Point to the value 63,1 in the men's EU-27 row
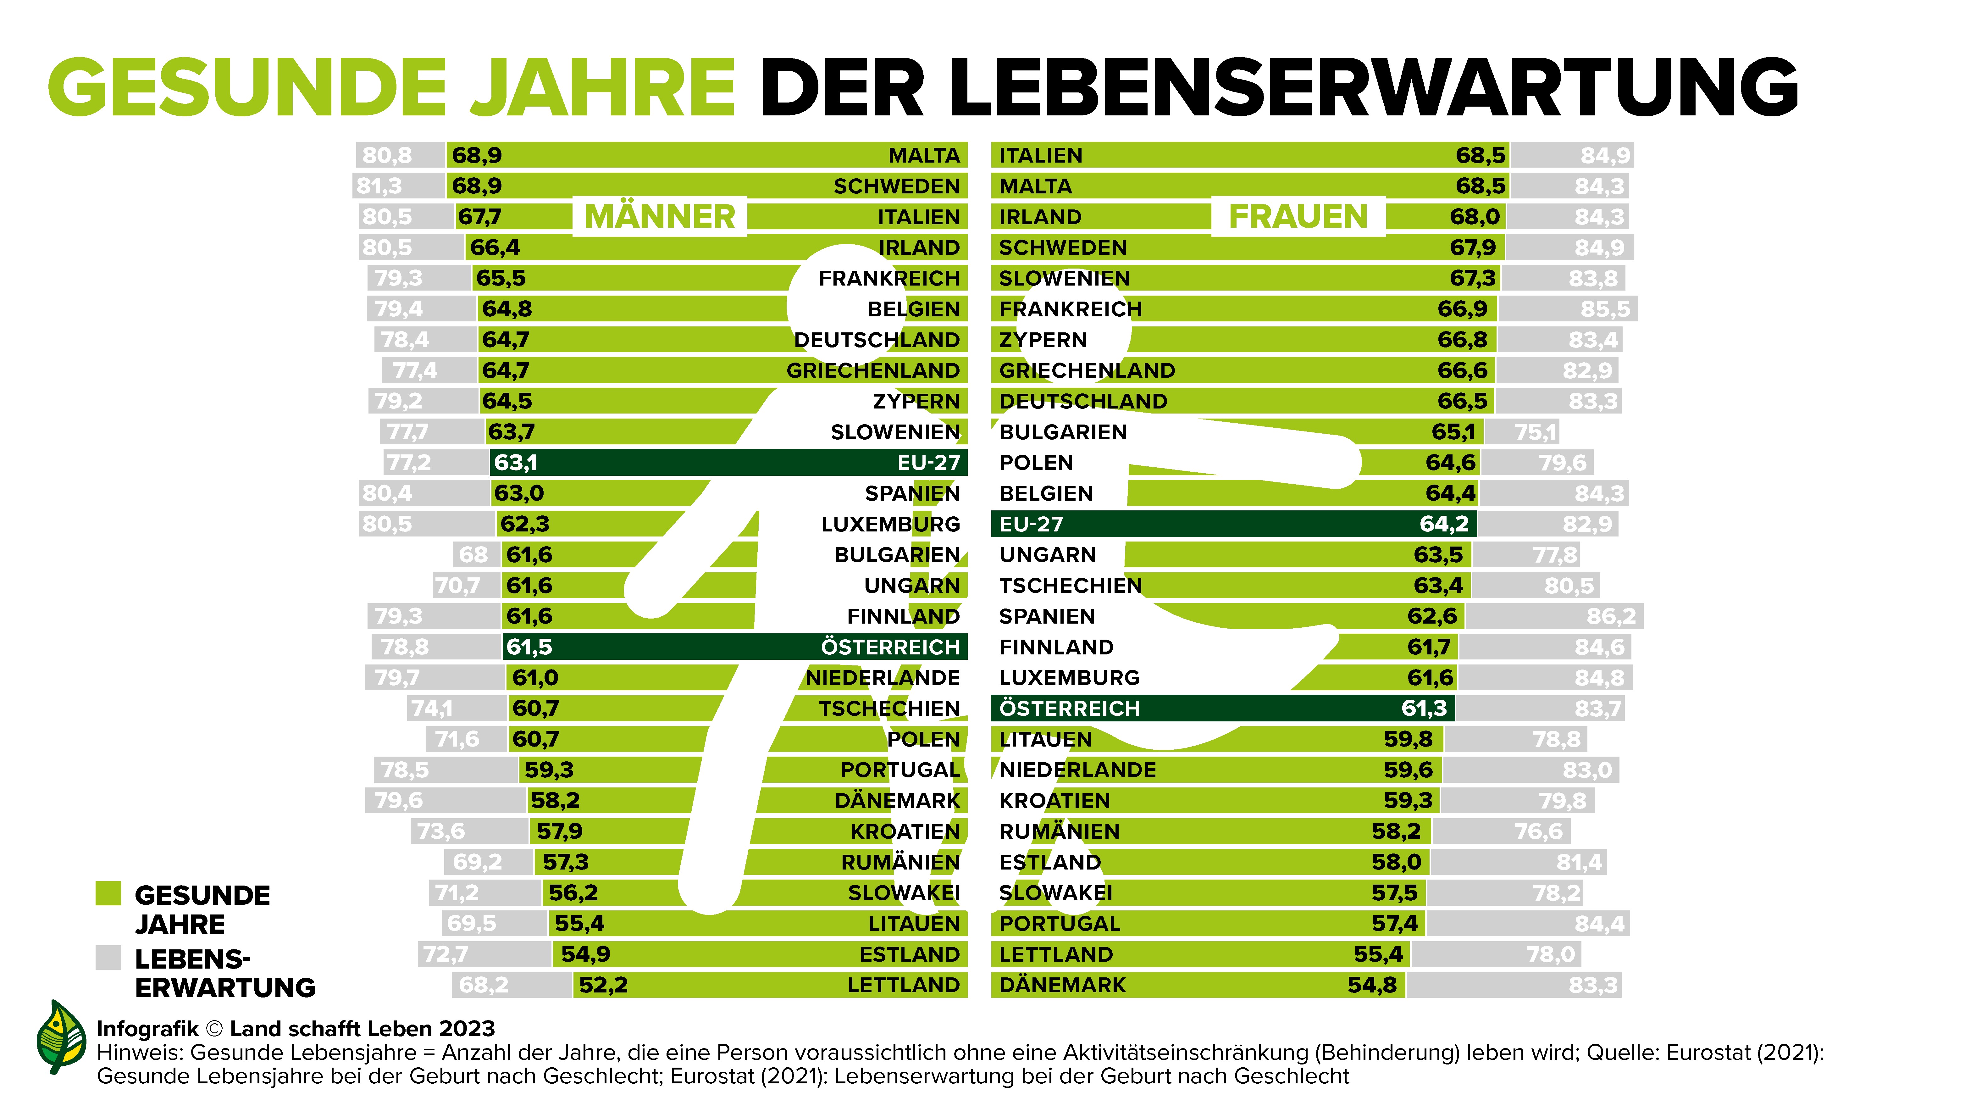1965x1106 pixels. pyautogui.click(x=516, y=463)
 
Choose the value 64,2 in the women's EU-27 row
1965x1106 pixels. pyautogui.click(x=1443, y=524)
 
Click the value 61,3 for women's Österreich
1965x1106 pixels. pyautogui.click(x=1423, y=709)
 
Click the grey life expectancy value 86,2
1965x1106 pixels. pyautogui.click(x=1611, y=616)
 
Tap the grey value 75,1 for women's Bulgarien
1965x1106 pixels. pyautogui.click(x=1535, y=432)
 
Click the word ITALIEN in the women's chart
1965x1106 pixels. pyautogui.click(x=1040, y=156)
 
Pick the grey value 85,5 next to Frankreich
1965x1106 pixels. pyautogui.click(x=1605, y=309)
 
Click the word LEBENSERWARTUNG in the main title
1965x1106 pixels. pyautogui.click(x=1278, y=88)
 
